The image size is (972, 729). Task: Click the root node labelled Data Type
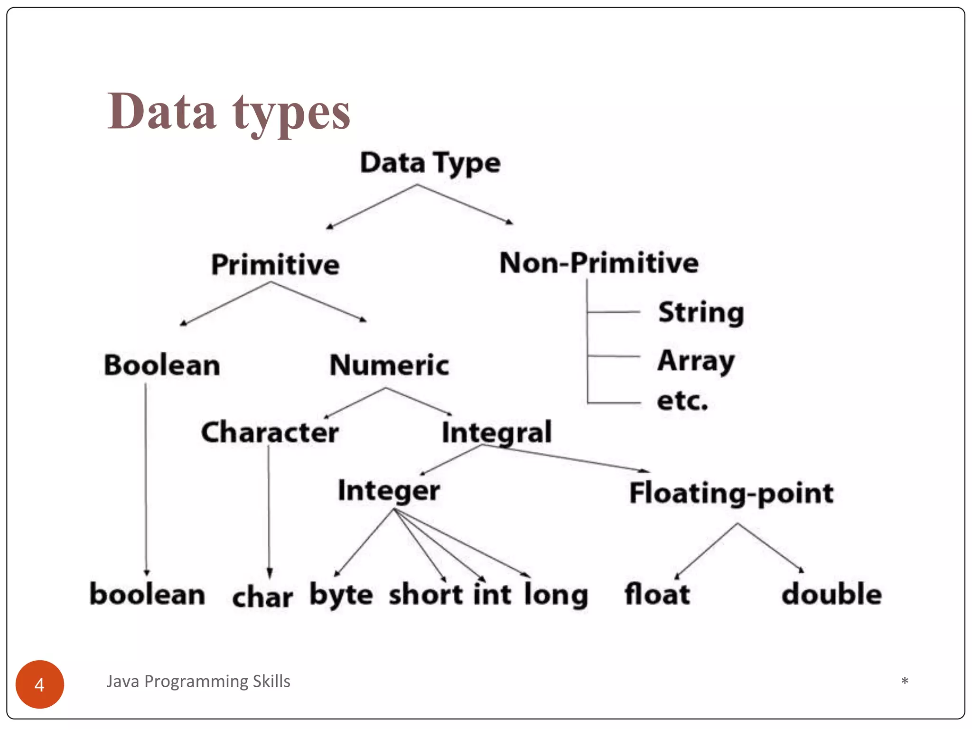430,163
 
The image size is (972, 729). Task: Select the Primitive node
275,264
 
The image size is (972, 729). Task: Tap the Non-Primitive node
599,262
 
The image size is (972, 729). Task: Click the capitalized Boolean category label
162,365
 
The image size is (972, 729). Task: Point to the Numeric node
389,365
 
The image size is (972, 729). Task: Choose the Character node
270,432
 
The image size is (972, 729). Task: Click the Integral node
496,432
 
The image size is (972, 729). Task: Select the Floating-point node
731,493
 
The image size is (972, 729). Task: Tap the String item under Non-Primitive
701,313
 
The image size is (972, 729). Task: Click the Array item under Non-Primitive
696,361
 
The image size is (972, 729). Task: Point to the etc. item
682,401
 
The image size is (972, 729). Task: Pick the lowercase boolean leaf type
148,594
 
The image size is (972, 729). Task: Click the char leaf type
262,597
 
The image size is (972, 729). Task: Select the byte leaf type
341,595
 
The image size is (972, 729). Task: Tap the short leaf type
426,594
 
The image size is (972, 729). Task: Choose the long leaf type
556,595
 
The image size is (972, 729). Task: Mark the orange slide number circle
40,684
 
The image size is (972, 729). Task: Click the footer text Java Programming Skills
198,681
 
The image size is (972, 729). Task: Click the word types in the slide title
291,113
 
